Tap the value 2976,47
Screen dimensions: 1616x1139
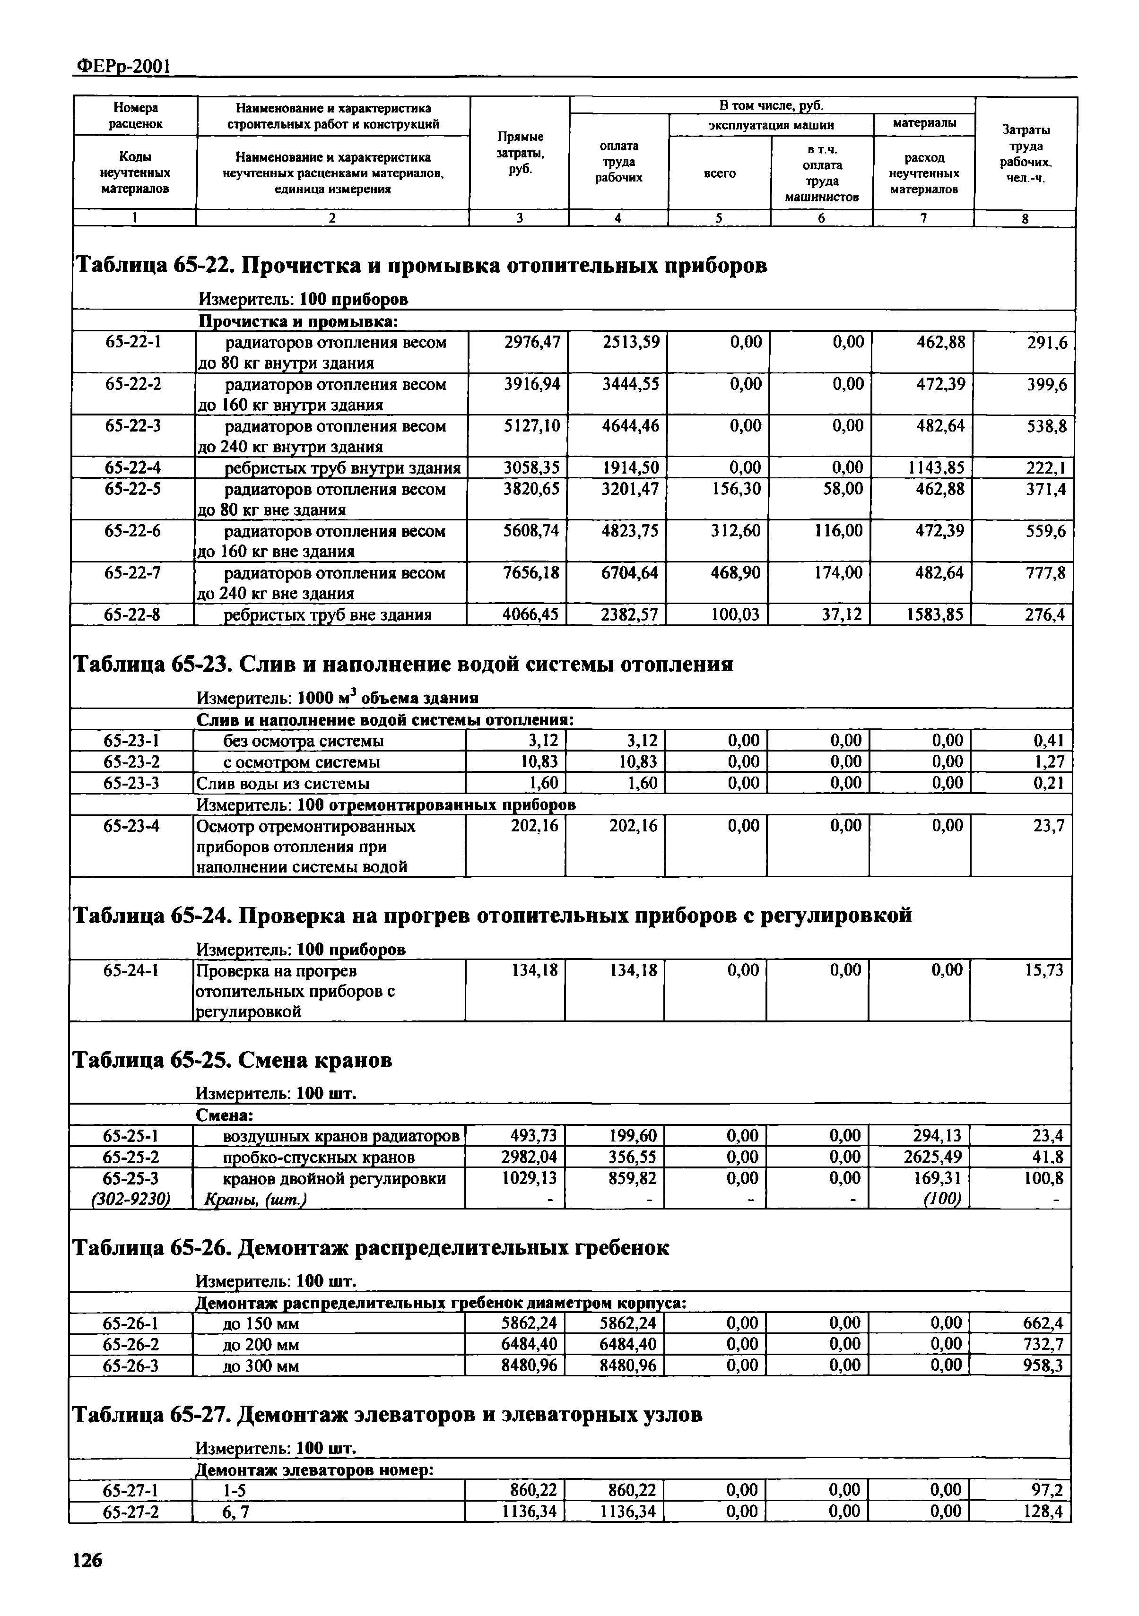(x=532, y=343)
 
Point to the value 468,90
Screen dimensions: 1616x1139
(x=735, y=573)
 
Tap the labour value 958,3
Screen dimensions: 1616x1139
(x=1042, y=1366)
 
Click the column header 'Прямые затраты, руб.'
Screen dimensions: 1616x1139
(x=520, y=153)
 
